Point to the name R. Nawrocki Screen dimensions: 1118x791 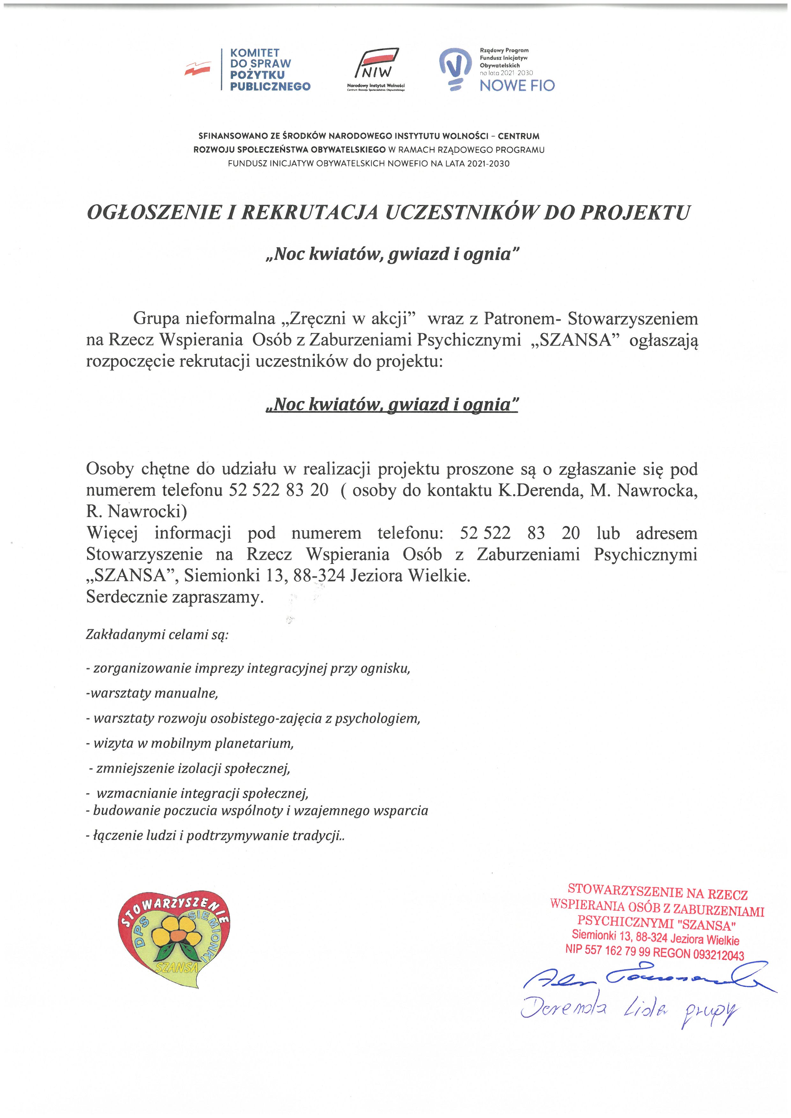pyautogui.click(x=137, y=511)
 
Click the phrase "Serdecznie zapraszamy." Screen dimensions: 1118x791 pyautogui.click(x=175, y=597)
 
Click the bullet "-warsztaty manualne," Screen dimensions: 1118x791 pyautogui.click(x=152, y=693)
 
